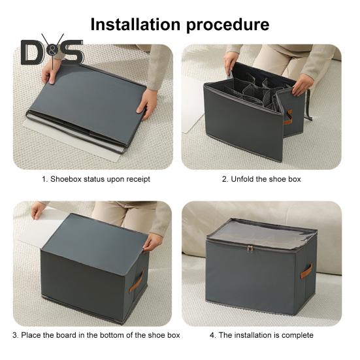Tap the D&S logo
pos(52,52)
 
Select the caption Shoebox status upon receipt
pos(95,179)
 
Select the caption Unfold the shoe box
pos(261,179)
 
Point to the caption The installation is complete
pos(261,335)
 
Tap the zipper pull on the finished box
pos(249,248)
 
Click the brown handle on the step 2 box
pos(287,117)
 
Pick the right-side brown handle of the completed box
pos(306,270)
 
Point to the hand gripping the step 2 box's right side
pos(302,84)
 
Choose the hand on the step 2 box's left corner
pos(231,64)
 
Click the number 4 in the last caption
pos(212,335)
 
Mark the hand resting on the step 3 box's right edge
pos(152,242)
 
